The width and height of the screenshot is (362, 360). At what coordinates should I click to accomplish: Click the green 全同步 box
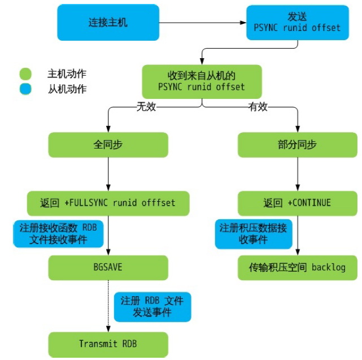point(108,145)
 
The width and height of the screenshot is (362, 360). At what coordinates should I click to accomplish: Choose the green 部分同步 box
point(297,145)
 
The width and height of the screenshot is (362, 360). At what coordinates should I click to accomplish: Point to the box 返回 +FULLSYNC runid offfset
point(108,203)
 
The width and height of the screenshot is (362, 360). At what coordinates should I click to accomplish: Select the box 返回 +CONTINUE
point(297,203)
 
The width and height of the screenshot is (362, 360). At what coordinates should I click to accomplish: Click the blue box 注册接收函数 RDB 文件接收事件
point(59,233)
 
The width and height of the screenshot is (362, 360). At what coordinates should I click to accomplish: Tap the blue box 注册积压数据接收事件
point(254,233)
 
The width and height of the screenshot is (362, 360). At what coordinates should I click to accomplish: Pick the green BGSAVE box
point(108,267)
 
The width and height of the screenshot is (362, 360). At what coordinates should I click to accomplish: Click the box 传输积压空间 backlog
point(297,267)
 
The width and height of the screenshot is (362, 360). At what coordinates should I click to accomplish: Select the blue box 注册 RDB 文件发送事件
point(152,306)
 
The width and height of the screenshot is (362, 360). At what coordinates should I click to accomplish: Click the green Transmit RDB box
point(108,344)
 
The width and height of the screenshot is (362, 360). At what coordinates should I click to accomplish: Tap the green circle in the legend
point(25,74)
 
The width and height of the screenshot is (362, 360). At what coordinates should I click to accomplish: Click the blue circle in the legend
point(25,89)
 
